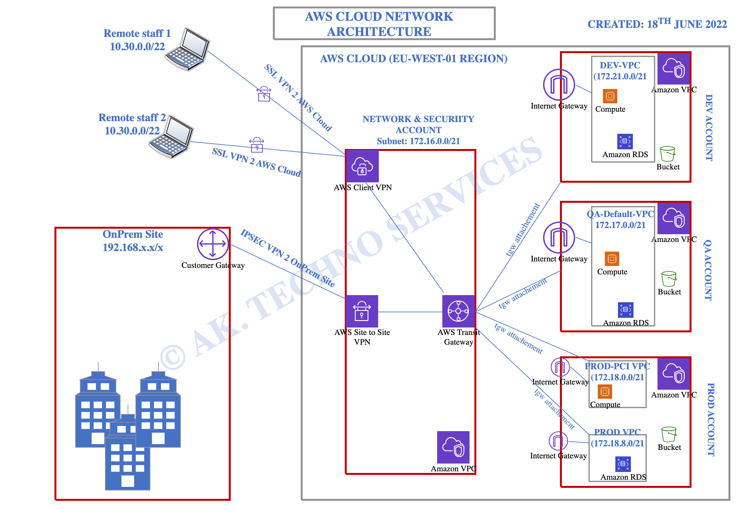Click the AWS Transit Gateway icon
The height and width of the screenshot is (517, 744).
(459, 311)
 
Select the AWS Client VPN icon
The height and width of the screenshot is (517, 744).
(362, 166)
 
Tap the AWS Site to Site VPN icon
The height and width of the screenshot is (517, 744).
(362, 311)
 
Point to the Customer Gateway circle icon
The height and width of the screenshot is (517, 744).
(213, 244)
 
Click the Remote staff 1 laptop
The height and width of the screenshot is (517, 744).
(188, 49)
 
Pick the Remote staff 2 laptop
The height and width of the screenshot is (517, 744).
(171, 137)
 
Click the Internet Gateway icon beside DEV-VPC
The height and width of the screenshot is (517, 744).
(559, 85)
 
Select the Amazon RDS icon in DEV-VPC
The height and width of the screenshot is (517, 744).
(625, 142)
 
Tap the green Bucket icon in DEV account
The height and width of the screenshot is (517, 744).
(668, 154)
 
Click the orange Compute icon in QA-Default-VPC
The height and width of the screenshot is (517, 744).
(612, 258)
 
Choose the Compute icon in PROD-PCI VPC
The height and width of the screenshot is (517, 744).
(605, 392)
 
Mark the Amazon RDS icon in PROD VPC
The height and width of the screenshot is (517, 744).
(623, 464)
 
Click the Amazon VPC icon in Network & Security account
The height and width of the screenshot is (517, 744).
(453, 447)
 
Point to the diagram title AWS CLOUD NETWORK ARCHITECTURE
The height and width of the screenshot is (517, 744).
(379, 24)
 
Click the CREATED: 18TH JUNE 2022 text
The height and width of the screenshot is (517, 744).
(657, 23)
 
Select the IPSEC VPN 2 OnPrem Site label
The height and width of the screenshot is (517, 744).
(287, 258)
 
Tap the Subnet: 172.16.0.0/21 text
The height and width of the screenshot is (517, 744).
(418, 141)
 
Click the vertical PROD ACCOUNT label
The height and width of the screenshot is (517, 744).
(711, 419)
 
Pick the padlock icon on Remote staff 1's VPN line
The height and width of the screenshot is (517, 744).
(264, 94)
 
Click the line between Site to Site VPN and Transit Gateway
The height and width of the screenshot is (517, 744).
(410, 312)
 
